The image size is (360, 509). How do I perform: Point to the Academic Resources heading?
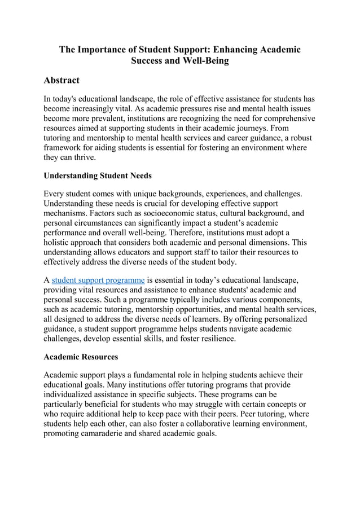click(x=81, y=357)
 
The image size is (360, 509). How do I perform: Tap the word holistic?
click(x=60, y=242)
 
